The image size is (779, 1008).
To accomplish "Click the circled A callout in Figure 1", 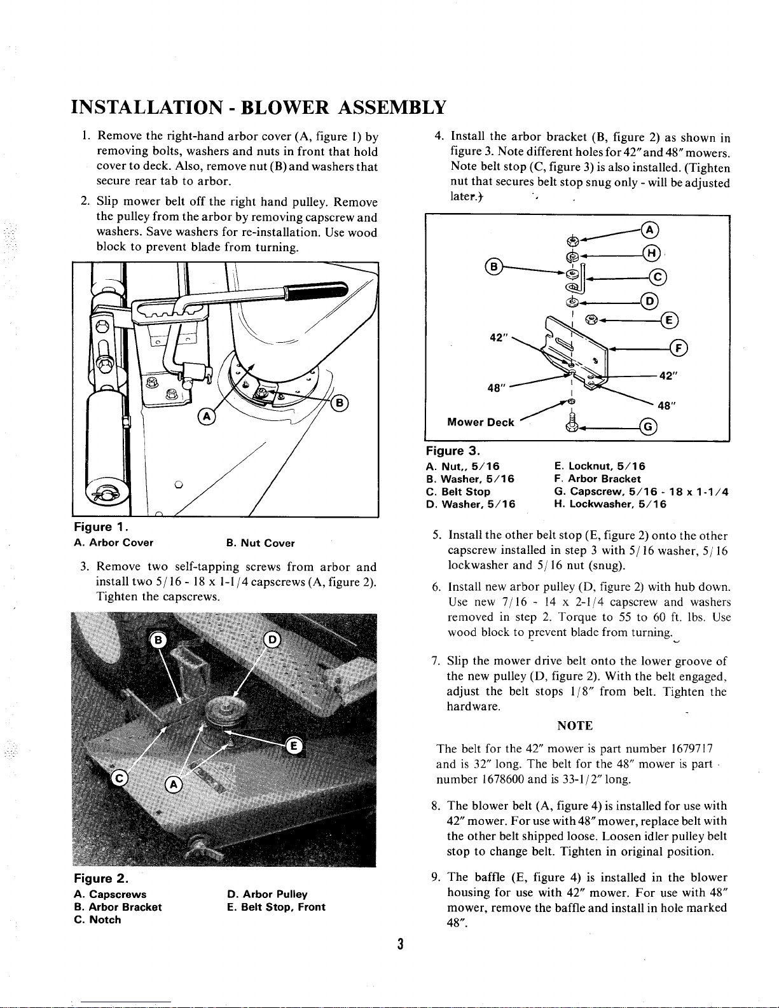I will [207, 417].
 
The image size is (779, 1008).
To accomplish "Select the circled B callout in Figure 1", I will [340, 403].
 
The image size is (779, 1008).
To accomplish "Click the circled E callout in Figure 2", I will [294, 745].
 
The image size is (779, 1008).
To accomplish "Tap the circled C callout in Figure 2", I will [119, 778].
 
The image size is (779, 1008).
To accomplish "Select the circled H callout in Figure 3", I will [651, 253].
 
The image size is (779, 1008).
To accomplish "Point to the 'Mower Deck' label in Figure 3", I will [481, 422].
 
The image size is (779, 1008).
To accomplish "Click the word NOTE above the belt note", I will [575, 726].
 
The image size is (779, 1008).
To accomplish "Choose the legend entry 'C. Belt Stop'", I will [458, 492].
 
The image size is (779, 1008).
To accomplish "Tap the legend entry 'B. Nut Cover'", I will [261, 543].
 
